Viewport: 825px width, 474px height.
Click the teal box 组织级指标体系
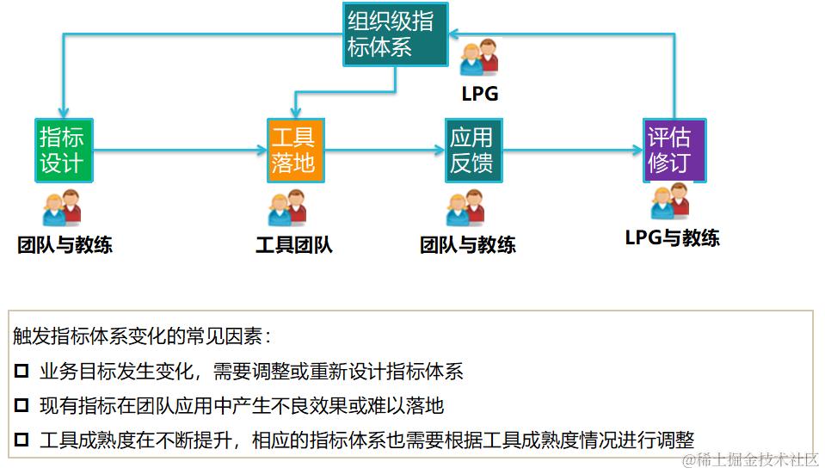tap(395, 34)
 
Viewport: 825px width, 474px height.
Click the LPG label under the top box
tap(479, 95)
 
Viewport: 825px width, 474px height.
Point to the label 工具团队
tap(294, 245)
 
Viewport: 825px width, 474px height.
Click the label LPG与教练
tap(672, 238)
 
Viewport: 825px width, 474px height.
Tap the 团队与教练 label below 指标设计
tap(65, 245)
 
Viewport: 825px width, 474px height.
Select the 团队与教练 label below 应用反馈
tap(468, 245)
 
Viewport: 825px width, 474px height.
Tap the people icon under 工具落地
tap(287, 208)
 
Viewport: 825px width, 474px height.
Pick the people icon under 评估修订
tap(670, 202)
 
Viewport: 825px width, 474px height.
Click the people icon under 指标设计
tap(62, 208)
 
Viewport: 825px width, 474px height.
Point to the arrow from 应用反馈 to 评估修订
tap(572, 151)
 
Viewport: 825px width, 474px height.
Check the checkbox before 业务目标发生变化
tap(22, 372)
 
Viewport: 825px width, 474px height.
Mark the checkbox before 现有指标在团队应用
tap(22, 405)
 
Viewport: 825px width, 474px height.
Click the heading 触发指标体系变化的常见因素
tap(143, 336)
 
